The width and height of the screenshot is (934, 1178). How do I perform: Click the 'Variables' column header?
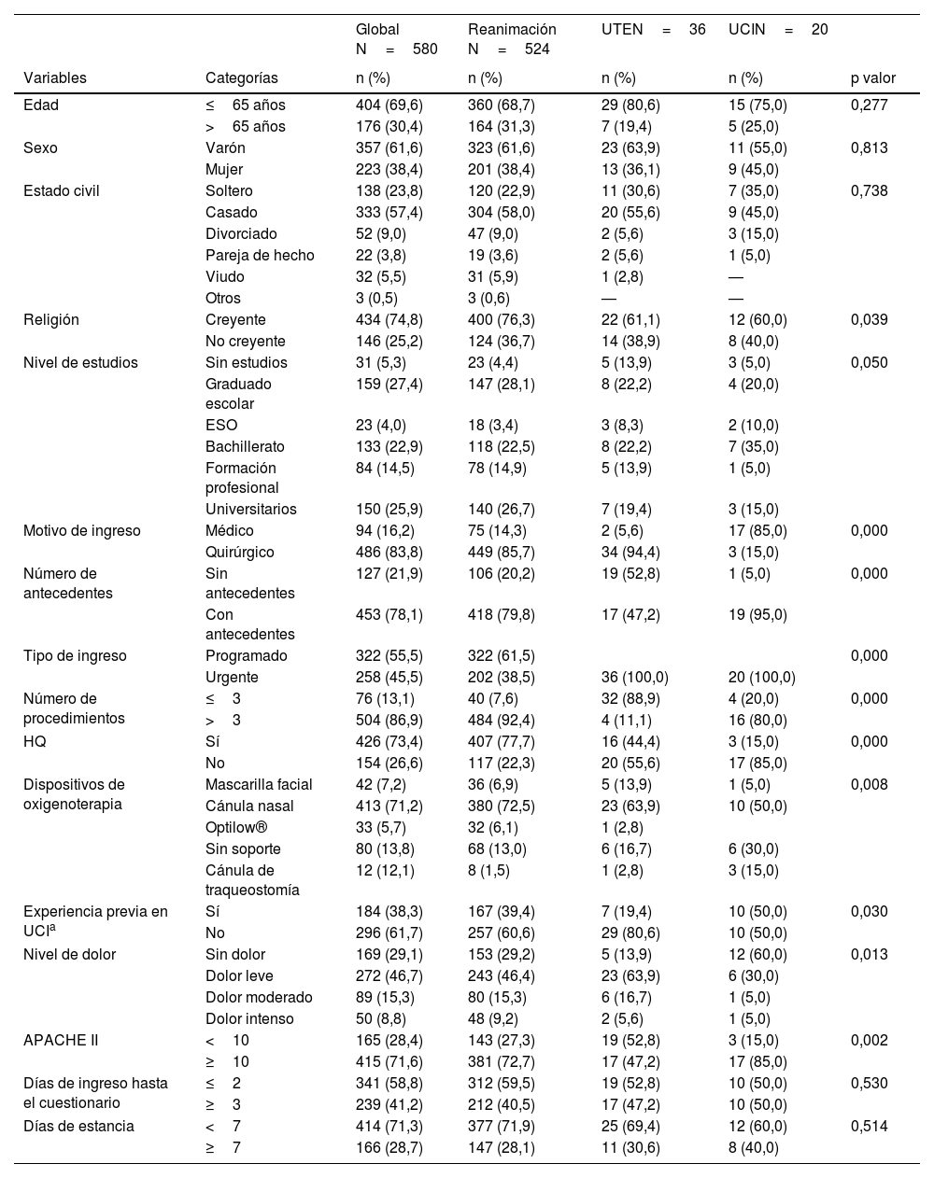[x=55, y=78]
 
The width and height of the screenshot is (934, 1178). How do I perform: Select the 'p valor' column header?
[x=872, y=78]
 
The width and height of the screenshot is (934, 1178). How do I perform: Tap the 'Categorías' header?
[x=241, y=78]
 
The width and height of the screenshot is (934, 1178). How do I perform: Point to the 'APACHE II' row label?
[x=61, y=1040]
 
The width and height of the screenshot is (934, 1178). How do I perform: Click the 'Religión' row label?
[x=51, y=319]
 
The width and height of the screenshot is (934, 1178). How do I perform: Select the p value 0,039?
[x=870, y=319]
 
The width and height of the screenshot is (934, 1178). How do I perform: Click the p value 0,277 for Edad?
[x=870, y=105]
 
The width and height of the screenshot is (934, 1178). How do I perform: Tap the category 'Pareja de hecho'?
[x=260, y=255]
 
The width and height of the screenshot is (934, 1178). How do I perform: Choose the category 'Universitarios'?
[x=251, y=509]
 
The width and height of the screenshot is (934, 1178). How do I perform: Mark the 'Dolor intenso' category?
[x=249, y=1018]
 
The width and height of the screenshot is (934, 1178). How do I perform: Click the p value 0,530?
[x=870, y=1083]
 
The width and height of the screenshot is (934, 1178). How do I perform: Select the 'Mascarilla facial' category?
[x=259, y=784]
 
